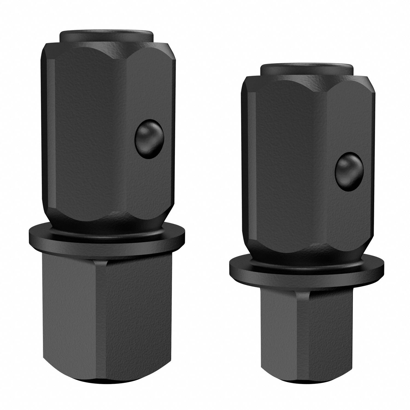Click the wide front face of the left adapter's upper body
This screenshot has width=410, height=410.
[x=90, y=131]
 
